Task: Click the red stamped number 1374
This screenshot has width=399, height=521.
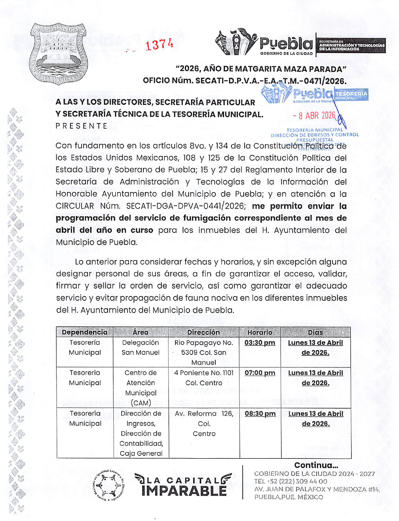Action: click(159, 45)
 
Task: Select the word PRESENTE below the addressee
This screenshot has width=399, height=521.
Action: click(82, 126)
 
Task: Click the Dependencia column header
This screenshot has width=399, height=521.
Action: click(85, 332)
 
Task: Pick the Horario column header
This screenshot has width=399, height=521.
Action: click(260, 332)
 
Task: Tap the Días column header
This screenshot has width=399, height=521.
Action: click(315, 332)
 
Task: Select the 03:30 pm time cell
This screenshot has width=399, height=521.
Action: click(260, 343)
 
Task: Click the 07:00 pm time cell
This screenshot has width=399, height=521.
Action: click(260, 373)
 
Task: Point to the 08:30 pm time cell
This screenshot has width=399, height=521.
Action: click(260, 414)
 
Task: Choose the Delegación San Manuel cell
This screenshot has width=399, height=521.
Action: click(141, 348)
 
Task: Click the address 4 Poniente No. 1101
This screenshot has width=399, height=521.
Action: click(204, 373)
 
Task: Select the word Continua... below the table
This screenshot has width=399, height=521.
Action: click(316, 465)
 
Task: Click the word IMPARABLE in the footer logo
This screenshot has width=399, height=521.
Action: click(184, 491)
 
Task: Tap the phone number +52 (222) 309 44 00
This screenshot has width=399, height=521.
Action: click(291, 481)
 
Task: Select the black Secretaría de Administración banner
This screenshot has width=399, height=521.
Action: click(351, 45)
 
